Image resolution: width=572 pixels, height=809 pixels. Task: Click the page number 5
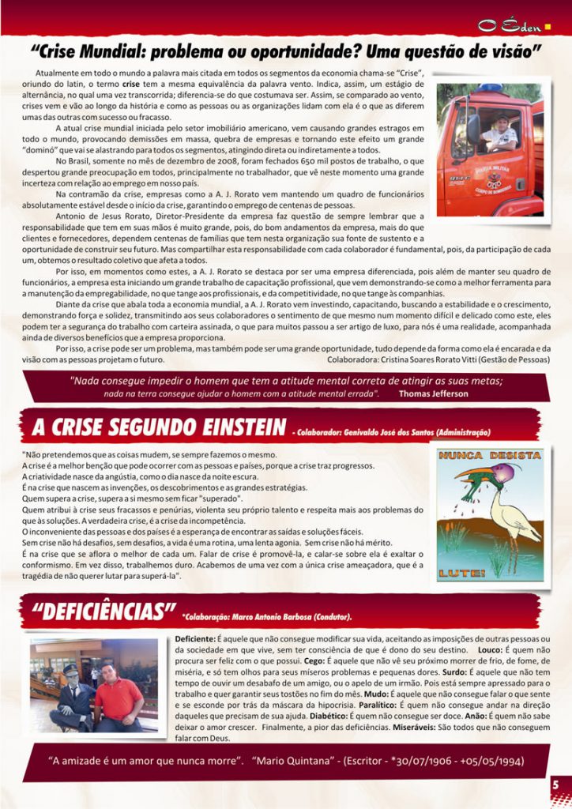(x=555, y=785)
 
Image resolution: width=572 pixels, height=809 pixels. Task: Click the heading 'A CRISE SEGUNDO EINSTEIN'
(x=159, y=427)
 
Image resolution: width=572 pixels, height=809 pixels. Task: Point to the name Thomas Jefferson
(x=433, y=393)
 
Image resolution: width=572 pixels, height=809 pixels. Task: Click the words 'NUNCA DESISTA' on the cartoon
(x=490, y=456)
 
